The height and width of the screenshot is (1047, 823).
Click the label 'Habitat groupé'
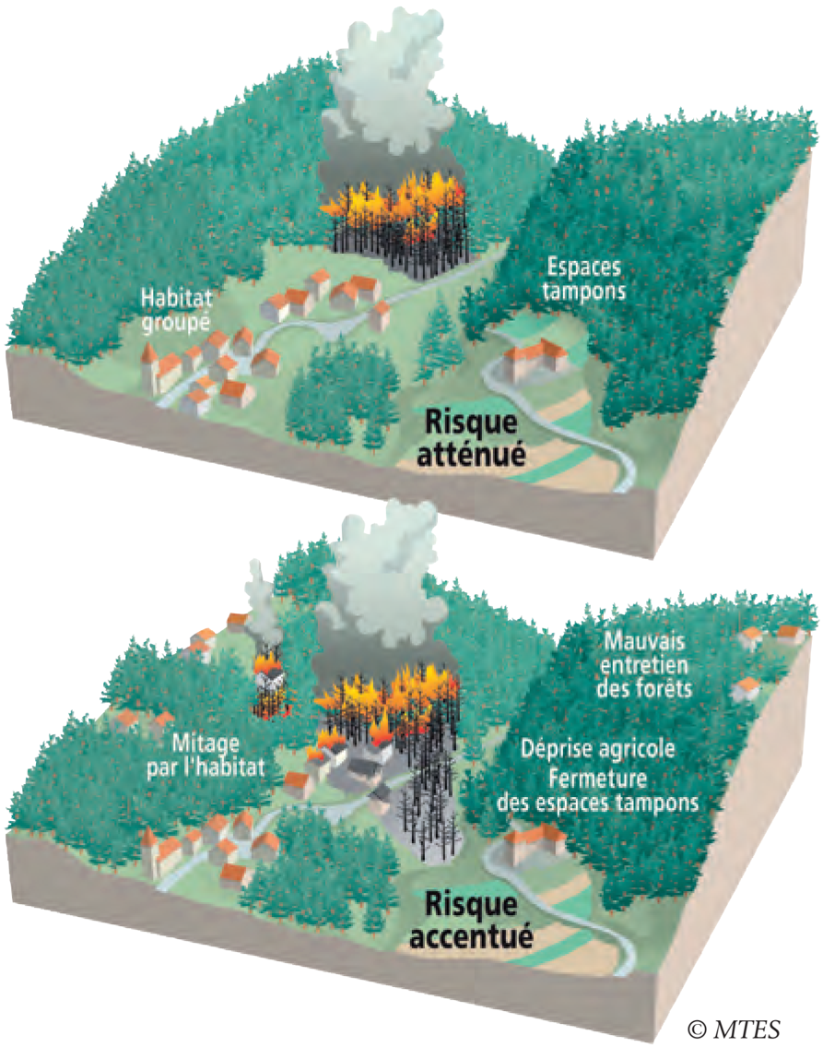point(176,310)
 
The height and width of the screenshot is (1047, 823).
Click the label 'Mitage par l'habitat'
point(213,754)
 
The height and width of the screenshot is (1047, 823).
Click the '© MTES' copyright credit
point(734,1027)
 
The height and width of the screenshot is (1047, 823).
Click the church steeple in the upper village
point(147,360)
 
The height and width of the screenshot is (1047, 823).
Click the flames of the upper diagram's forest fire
point(396,205)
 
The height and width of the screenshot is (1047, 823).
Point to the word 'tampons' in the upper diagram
point(585,291)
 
